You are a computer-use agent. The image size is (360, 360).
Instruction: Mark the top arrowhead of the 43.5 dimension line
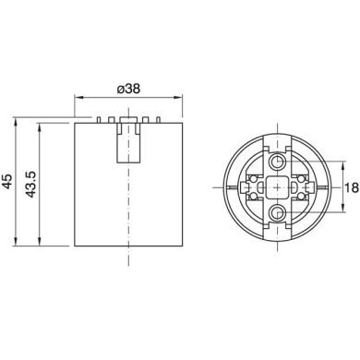pos(39,125)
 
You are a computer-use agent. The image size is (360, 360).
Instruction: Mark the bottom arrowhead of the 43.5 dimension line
pos(39,246)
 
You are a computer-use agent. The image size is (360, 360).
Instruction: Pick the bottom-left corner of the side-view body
pos(76,247)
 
